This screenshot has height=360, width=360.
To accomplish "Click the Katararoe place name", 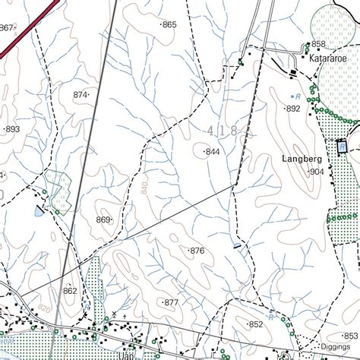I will [327, 57].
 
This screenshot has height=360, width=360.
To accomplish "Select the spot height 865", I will [169, 25].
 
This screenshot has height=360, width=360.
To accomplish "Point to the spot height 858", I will [317, 44].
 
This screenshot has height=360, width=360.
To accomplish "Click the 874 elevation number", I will [80, 95].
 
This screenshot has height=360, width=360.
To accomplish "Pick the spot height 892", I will [293, 109].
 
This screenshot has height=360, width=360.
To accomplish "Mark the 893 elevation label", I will [12, 129].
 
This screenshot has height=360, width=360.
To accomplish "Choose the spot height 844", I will [213, 153].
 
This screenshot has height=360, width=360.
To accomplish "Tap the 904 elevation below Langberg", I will [316, 172].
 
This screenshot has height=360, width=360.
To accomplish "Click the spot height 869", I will [103, 220].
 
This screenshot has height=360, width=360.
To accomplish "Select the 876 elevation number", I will [197, 251].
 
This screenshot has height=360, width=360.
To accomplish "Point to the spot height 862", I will [70, 291].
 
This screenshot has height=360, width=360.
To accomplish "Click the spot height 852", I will [255, 324].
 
